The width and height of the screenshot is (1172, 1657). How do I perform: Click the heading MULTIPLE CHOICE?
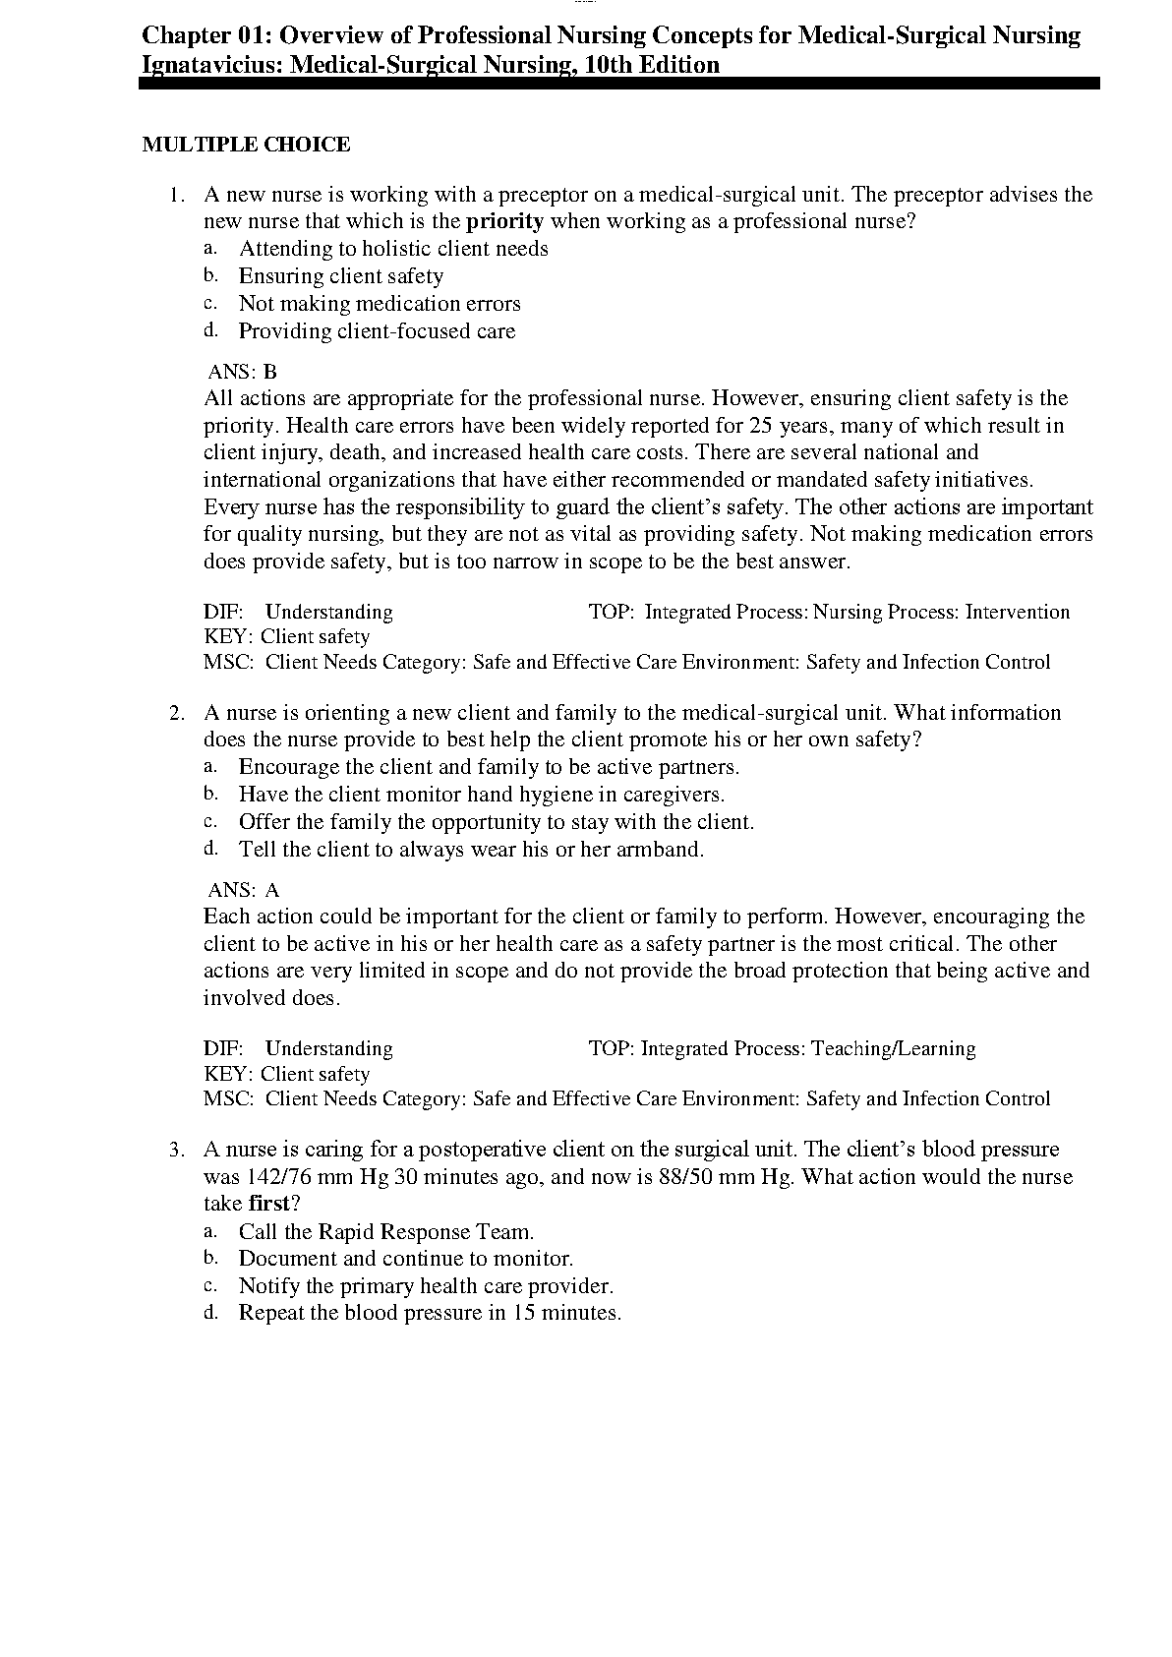pyautogui.click(x=246, y=145)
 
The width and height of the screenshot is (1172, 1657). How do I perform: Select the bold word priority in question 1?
pyautogui.click(x=504, y=221)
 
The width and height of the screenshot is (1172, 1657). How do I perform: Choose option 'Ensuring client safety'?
pyautogui.click(x=340, y=276)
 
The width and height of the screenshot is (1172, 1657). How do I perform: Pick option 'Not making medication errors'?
pyautogui.click(x=380, y=304)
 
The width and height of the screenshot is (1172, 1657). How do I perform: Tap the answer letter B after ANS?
pyautogui.click(x=270, y=372)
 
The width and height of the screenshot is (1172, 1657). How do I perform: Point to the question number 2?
pyautogui.click(x=176, y=713)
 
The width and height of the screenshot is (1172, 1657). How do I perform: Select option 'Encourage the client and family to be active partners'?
pyautogui.click(x=489, y=767)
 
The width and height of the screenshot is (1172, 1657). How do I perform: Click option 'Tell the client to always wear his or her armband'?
pyautogui.click(x=471, y=850)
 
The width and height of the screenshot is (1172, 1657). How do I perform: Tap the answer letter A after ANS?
pyautogui.click(x=272, y=890)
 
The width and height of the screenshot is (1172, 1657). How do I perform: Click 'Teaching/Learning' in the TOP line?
pyautogui.click(x=893, y=1048)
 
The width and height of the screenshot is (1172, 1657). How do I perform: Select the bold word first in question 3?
pyautogui.click(x=268, y=1204)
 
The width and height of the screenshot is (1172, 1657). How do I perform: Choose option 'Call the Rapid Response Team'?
pyautogui.click(x=386, y=1232)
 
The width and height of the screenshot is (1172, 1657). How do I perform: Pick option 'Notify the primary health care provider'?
pyautogui.click(x=426, y=1286)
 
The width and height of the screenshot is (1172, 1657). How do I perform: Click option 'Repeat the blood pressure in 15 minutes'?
pyautogui.click(x=430, y=1313)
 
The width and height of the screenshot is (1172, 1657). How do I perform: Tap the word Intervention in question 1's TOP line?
pyautogui.click(x=1017, y=612)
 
